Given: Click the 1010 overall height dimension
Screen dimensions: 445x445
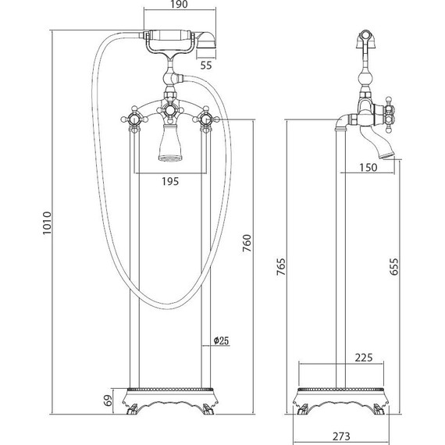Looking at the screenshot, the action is (48, 222).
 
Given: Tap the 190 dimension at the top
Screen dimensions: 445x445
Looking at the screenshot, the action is (179, 4).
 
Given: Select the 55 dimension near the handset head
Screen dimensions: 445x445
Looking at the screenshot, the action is (206, 66).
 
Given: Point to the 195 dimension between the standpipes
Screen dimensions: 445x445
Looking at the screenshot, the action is (170, 181).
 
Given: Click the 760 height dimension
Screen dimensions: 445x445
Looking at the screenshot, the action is (247, 243).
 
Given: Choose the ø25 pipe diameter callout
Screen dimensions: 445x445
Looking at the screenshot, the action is (221, 340).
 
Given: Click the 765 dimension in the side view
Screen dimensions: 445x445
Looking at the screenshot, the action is (281, 266).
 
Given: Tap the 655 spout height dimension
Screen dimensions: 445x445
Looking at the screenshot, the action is (393, 266).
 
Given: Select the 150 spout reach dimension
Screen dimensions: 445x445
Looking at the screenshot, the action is (368, 167).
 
